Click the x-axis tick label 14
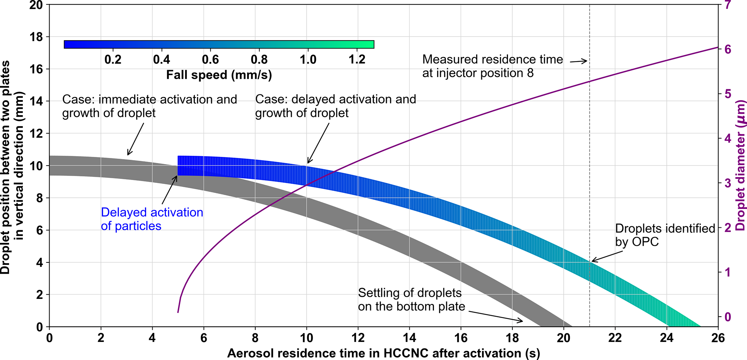409,338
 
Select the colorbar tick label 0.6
210,59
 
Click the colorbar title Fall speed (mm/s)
219,75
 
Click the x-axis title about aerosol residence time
383,353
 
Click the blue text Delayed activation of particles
152,219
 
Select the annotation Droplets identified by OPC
665,235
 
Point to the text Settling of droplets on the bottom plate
411,300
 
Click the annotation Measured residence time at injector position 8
492,66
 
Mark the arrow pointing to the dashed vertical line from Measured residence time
579,61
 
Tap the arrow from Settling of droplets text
495,316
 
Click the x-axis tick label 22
615,338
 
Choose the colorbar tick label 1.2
357,59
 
